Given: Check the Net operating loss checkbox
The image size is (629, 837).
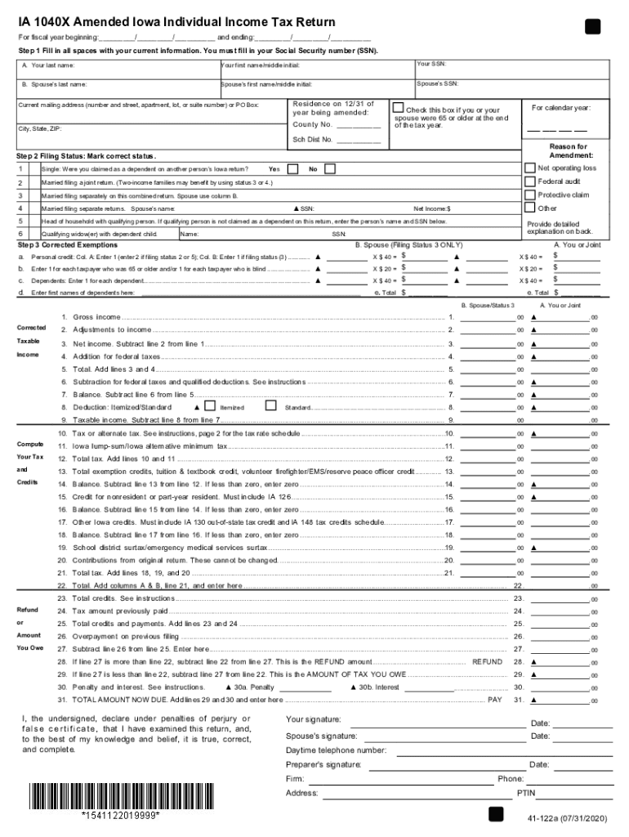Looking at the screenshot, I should click(529, 168).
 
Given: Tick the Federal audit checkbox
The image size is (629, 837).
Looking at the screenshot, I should click(529, 181).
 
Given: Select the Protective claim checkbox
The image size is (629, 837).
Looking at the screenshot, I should click(529, 195).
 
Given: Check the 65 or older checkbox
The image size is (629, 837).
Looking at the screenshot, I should click(398, 108).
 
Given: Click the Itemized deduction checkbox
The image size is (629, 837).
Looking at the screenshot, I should click(210, 405).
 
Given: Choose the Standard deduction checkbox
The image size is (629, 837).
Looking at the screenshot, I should click(271, 405).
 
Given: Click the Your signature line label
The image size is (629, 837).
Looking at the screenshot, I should click(314, 720).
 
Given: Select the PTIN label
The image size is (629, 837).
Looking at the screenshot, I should click(526, 794).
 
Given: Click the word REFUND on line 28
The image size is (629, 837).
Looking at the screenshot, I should click(488, 661).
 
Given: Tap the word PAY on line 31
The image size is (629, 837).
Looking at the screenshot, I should click(495, 700).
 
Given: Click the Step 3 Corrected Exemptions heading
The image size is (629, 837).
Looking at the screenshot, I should click(67, 244).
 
